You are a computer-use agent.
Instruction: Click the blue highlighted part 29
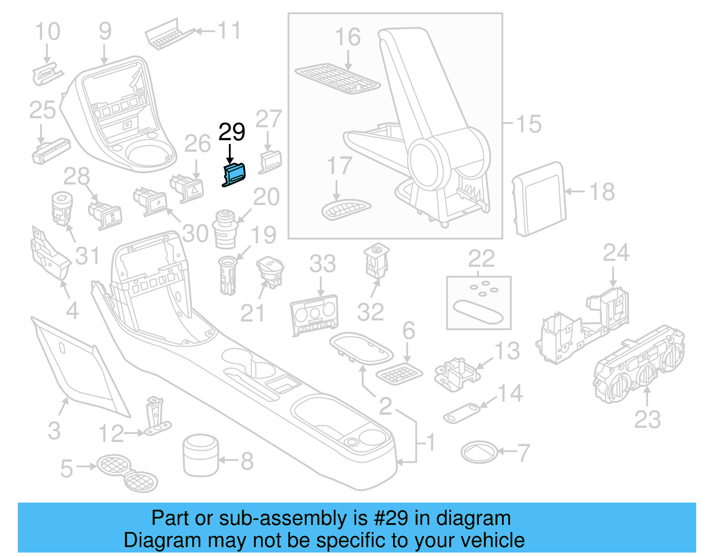click(234, 174)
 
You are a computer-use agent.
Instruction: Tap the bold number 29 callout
click(232, 132)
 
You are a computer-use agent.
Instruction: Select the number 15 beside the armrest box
click(528, 124)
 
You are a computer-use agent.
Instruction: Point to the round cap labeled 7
click(479, 452)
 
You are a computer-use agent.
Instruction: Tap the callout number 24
click(616, 253)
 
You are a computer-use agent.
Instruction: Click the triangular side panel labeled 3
click(76, 366)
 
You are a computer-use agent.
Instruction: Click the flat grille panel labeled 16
click(338, 78)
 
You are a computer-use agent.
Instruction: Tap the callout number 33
click(322, 264)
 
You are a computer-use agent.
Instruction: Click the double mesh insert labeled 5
click(127, 473)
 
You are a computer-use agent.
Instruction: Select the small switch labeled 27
click(270, 161)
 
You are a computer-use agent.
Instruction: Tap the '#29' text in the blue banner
click(390, 518)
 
